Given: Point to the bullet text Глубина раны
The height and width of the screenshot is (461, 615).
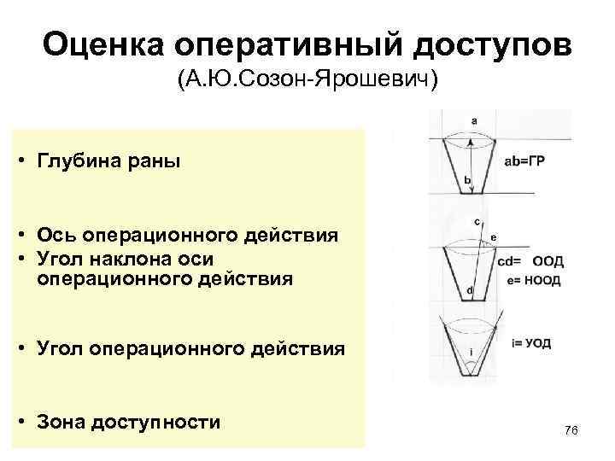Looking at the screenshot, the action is (x=109, y=161).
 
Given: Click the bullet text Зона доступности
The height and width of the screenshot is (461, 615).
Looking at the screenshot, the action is (x=129, y=422).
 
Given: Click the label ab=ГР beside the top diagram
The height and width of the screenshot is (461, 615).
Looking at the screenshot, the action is (x=524, y=160).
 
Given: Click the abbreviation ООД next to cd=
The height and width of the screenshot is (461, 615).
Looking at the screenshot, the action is (x=548, y=263).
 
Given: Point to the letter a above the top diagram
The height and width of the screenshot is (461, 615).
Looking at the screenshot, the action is (x=474, y=120).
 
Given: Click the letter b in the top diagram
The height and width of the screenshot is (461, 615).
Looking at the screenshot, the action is (x=467, y=180).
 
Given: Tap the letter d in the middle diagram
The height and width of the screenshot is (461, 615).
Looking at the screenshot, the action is (x=470, y=291).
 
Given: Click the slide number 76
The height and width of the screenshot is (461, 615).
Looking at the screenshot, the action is (x=571, y=430).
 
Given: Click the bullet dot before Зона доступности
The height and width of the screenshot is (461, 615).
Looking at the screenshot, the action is (x=28, y=422).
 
